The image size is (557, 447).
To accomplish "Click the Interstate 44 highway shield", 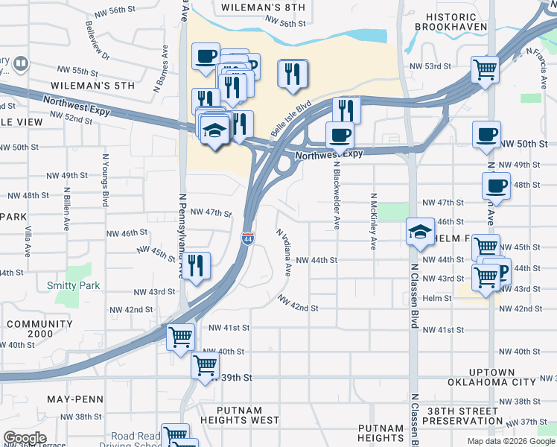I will pos(247,238).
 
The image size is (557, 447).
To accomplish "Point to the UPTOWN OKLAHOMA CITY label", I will pos(491,377).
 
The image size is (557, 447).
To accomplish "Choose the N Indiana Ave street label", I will pos(284,252).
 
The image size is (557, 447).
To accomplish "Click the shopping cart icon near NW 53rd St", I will pos(485,70).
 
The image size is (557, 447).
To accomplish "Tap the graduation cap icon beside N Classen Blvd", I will pos(420,231).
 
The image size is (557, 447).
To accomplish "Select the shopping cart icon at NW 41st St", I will pos(180,337).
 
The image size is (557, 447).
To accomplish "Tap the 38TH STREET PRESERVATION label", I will pos(491,416).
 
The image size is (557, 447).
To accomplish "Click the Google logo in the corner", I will pos(25,439).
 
